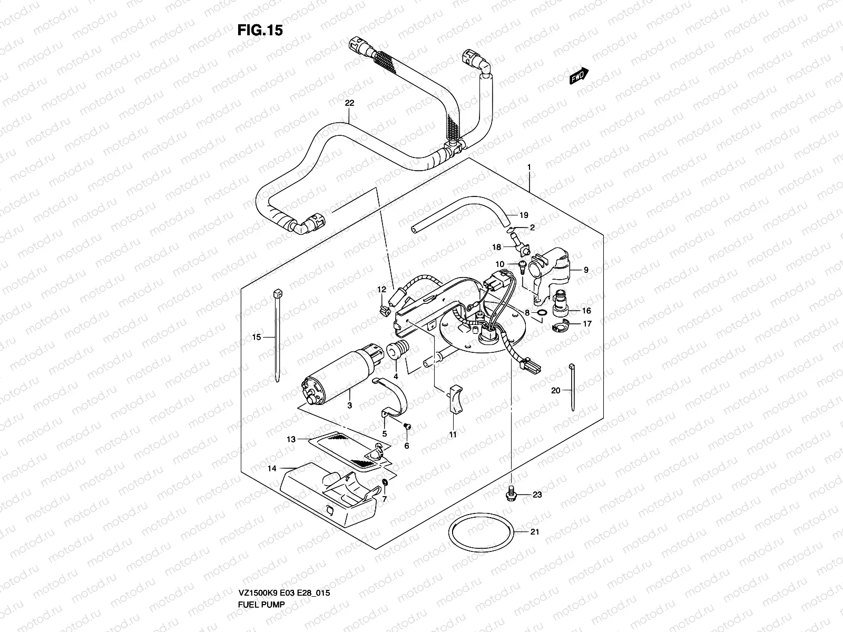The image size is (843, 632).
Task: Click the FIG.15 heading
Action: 260,31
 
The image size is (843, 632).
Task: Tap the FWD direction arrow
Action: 578,77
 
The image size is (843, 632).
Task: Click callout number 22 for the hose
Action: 349,103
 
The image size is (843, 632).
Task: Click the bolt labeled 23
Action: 510,494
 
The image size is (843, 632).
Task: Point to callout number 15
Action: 257,337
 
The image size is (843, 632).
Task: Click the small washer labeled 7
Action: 385,483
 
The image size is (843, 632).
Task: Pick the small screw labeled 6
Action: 407,426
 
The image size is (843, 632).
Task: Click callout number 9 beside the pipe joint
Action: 586,270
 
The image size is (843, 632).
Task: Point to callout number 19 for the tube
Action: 523,215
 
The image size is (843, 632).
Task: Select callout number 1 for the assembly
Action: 529,167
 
